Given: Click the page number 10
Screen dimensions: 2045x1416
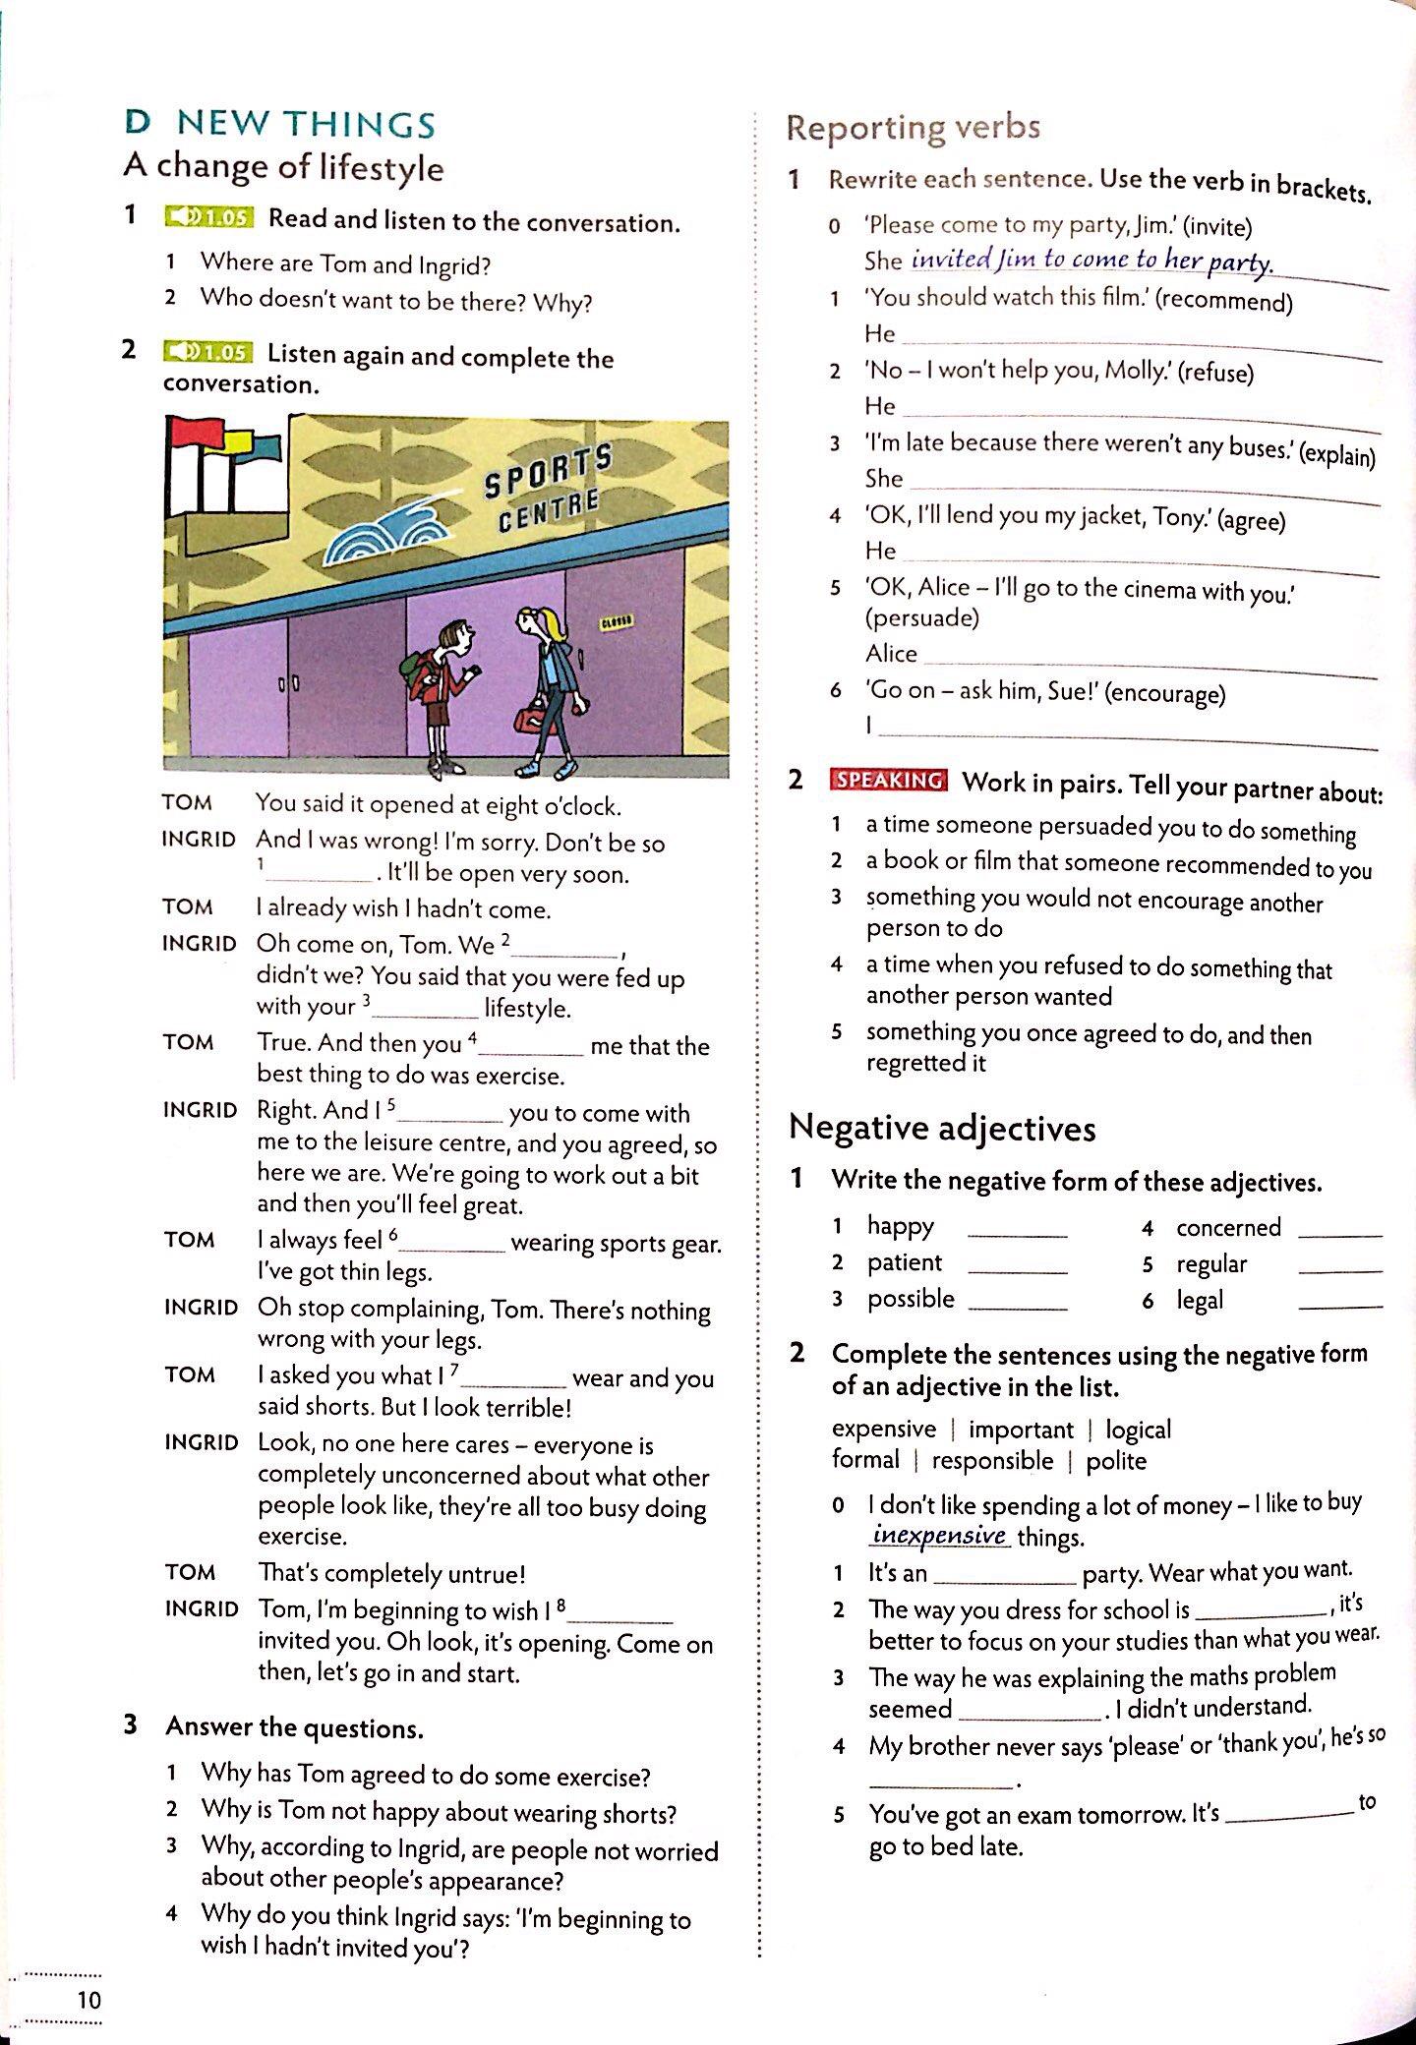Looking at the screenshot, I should [88, 2000].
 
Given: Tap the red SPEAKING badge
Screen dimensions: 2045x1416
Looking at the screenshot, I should [889, 781].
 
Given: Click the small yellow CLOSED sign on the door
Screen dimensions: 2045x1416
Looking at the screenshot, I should [617, 622].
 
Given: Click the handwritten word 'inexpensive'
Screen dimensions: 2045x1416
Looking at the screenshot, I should [940, 1535].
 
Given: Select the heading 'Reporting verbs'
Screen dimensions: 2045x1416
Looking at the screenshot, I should [913, 127].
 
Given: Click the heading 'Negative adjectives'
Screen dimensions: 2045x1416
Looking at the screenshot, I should [942, 1128].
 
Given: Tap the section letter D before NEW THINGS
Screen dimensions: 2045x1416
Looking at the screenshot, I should [138, 123].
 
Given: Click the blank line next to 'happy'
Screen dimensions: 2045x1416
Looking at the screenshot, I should [1017, 1234].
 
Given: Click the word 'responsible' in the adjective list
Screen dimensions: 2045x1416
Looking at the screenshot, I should [992, 1461].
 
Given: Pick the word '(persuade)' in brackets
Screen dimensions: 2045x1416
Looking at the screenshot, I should [922, 617].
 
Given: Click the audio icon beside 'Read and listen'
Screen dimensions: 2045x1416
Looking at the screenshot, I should [208, 217].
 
